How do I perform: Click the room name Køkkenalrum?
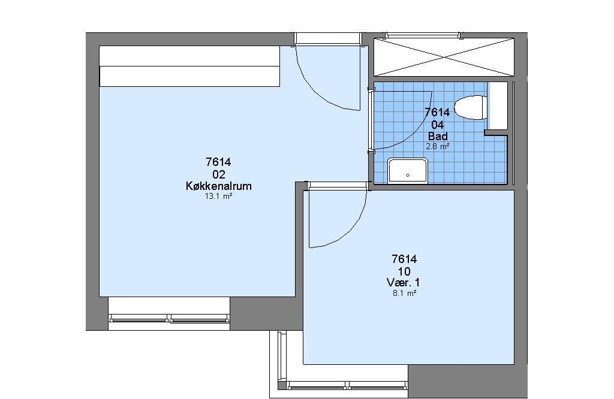tap(218, 186)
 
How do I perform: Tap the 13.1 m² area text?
tap(218, 197)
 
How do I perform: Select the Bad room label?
tap(438, 136)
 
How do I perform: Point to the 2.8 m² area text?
tap(438, 147)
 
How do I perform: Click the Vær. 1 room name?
tap(404, 282)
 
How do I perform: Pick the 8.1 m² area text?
tap(404, 293)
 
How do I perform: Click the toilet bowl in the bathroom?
tap(471, 107)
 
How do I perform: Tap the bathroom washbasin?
tap(407, 171)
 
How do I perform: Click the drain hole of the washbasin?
tap(408, 176)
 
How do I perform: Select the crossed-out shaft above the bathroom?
tap(444, 57)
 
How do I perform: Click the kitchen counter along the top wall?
tap(189, 66)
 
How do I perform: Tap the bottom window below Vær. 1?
tap(347, 385)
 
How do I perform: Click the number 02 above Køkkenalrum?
tap(218, 174)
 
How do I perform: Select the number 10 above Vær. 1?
tap(404, 271)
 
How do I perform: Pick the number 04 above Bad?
tap(438, 125)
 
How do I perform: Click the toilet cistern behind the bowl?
tap(497, 105)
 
